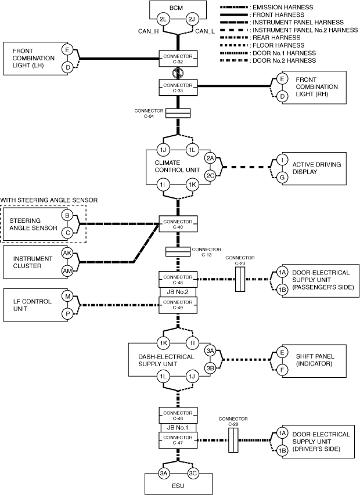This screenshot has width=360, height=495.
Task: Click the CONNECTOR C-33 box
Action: pyautogui.click(x=178, y=88)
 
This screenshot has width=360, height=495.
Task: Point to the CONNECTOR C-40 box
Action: pyautogui.click(x=178, y=223)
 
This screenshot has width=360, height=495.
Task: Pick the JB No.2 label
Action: pyautogui.click(x=178, y=292)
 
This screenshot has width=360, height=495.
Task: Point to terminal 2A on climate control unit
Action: pyautogui.click(x=210, y=158)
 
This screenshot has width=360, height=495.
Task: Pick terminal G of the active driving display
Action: pyautogui.click(x=282, y=175)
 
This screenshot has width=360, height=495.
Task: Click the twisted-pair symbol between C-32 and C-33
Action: pyautogui.click(x=178, y=73)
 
